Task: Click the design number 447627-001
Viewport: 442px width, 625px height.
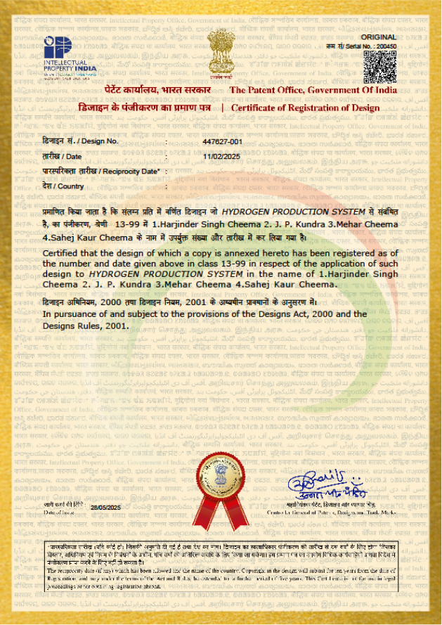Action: tap(222, 141)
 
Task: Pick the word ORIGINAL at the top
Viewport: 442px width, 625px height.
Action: tap(379, 35)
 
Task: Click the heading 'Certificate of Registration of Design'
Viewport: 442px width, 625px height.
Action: tap(305, 108)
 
